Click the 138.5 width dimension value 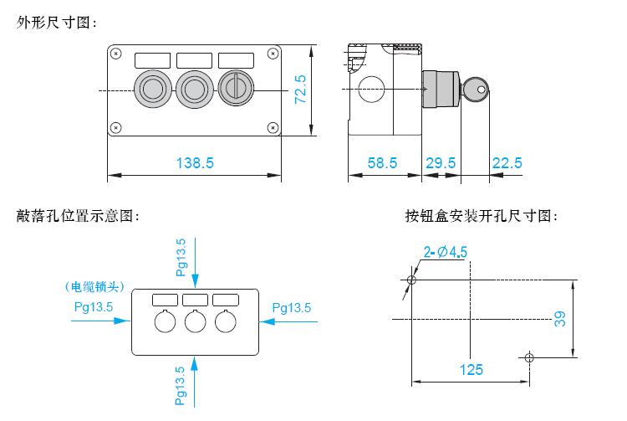tap(195, 163)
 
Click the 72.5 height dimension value tap(300, 90)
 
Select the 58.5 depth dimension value tap(382, 163)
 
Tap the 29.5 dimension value tap(441, 163)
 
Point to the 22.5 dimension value tap(507, 163)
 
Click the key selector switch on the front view tap(236, 89)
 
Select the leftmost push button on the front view tap(153, 89)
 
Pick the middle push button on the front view tap(194, 89)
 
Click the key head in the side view tap(476, 90)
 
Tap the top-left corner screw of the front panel tap(116, 54)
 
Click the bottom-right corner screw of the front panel tap(273, 128)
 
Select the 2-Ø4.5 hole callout tap(446, 252)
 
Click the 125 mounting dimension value tap(471, 369)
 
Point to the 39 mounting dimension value tap(560, 319)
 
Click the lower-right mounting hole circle tap(529, 357)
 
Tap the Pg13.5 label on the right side tap(292, 308)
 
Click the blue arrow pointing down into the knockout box tap(195, 263)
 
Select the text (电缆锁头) tap(94, 286)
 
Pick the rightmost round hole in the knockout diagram tap(226, 321)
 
